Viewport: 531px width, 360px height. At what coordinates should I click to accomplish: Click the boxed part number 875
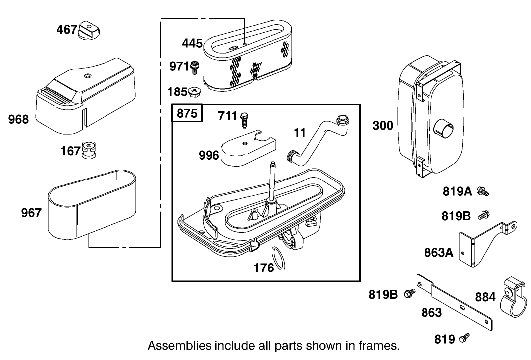[x=187, y=113]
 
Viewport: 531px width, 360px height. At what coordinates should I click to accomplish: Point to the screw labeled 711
[x=245, y=119]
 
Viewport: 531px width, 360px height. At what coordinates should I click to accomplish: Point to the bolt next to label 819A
[x=482, y=191]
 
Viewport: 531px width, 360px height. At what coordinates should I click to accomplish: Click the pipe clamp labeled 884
[x=512, y=298]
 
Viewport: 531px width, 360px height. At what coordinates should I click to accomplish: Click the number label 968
[x=19, y=119]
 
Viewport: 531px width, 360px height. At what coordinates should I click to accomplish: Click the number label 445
[x=192, y=43]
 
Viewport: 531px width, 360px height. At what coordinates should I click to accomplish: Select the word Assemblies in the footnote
[x=173, y=345]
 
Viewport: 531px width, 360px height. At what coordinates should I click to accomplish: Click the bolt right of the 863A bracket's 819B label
[x=482, y=216]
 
